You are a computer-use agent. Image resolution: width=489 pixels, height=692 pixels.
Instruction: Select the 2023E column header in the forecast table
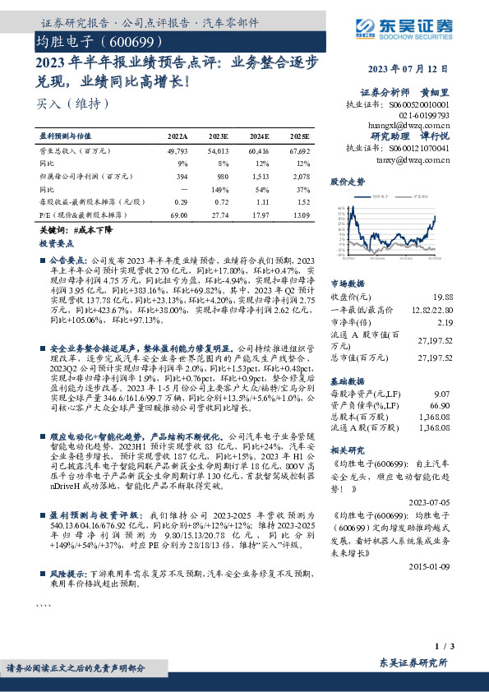[219, 136]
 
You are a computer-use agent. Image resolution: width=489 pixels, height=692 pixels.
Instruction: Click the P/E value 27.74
[219, 215]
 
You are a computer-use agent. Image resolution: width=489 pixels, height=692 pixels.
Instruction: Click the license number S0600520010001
[419, 104]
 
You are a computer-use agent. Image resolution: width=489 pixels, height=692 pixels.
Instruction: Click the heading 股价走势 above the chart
[346, 180]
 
